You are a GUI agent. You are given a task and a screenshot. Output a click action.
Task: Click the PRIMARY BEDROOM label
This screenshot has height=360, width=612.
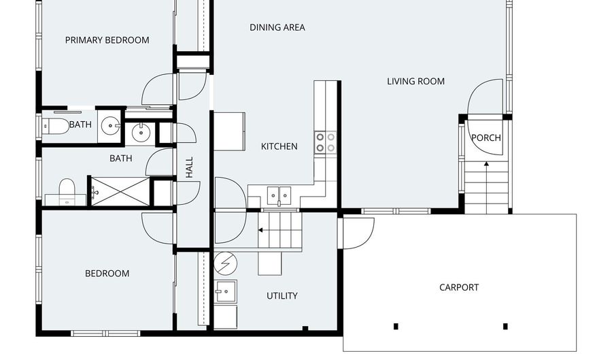pos(107,40)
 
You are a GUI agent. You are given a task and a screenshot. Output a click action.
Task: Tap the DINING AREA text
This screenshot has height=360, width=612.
pos(277,28)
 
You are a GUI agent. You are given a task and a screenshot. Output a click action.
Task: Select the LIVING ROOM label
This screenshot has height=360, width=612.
pos(415,82)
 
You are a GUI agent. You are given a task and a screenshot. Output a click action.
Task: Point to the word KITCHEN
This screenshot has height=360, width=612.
pos(279,146)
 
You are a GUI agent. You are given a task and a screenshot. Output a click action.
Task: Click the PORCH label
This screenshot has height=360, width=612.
pos(486,138)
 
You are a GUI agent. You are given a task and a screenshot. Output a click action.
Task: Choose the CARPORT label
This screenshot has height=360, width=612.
pos(458,287)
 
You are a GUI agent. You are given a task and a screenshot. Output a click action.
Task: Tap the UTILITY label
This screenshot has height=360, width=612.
pos(282,296)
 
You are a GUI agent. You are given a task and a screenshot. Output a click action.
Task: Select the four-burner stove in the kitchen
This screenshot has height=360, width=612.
pos(325,142)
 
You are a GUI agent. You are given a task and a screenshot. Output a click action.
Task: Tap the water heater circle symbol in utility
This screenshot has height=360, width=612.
pos(225,263)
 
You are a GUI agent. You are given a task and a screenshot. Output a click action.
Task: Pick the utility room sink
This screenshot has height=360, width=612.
pos(225,291)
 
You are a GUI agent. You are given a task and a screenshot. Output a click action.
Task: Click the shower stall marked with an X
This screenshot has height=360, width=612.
pos(119,191)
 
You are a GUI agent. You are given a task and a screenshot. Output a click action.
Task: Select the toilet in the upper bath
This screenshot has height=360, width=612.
pos(54,125)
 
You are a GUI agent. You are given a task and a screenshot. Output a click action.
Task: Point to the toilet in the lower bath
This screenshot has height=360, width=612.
pos(67,191)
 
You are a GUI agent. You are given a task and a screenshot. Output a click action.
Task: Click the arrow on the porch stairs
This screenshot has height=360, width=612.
pos(486,164)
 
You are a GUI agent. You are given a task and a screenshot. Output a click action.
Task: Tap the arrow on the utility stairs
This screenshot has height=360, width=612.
pos(260,230)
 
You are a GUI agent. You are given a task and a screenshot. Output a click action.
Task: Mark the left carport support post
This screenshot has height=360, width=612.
pos(396,327)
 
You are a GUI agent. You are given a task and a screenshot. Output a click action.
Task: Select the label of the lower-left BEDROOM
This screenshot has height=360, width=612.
pos(107,274)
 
